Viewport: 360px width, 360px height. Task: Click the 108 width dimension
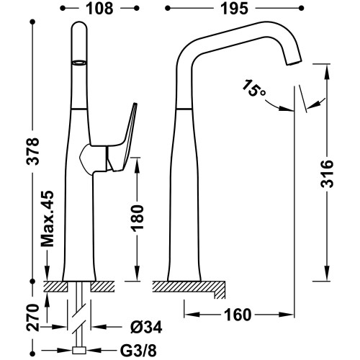pyautogui.click(x=99, y=9)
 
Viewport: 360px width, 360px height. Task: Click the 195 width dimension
pyautogui.click(x=234, y=9)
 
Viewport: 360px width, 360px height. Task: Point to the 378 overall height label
pyautogui.click(x=32, y=151)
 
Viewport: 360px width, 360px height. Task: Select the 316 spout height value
pyautogui.click(x=327, y=174)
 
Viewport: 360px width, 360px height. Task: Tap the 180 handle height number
pyautogui.click(x=137, y=218)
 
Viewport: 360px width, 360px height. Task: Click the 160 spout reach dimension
pyautogui.click(x=238, y=315)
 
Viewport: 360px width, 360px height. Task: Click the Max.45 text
pyautogui.click(x=48, y=219)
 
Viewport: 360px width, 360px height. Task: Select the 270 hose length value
pyautogui.click(x=32, y=318)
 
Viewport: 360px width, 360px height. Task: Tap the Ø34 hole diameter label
pyautogui.click(x=146, y=327)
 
